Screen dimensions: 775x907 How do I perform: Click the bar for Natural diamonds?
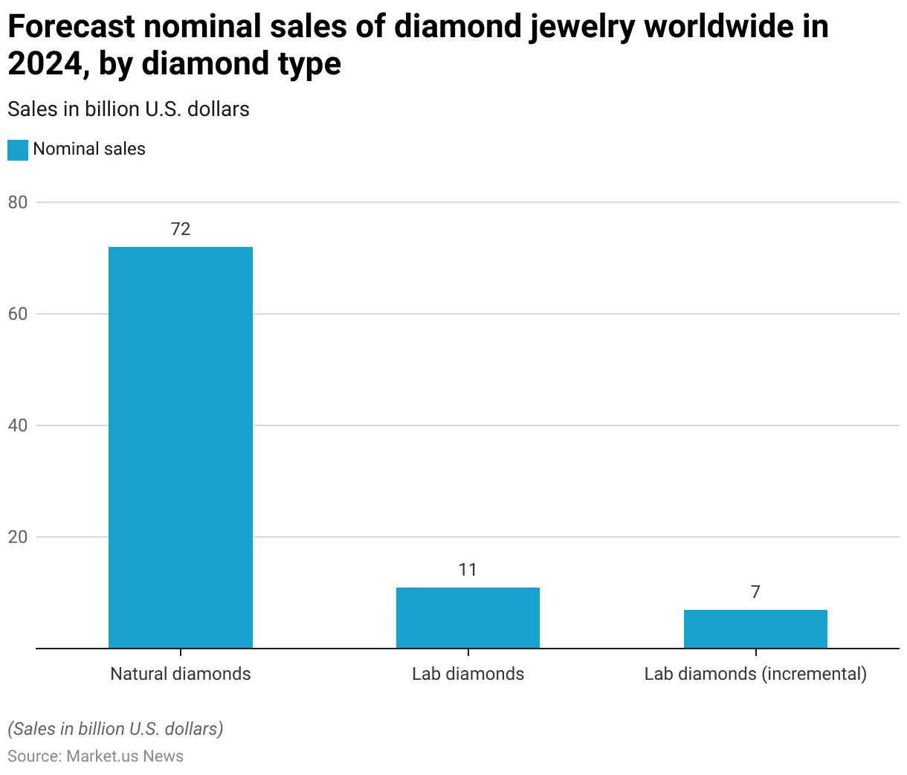click(x=181, y=447)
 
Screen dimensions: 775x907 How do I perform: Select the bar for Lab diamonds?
click(x=468, y=617)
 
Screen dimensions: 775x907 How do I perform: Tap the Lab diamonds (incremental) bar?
click(x=755, y=628)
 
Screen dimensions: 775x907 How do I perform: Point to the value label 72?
click(x=181, y=229)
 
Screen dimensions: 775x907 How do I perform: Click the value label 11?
click(x=468, y=570)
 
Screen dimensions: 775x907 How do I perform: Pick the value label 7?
click(x=755, y=592)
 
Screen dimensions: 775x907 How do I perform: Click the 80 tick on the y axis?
click(x=18, y=202)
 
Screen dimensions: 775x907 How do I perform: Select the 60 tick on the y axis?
click(x=18, y=314)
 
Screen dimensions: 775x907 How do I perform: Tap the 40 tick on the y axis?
click(x=18, y=425)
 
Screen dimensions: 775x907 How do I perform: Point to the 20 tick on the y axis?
click(x=18, y=537)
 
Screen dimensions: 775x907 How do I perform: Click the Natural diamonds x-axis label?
click(x=181, y=674)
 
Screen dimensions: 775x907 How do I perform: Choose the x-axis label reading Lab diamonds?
click(x=468, y=674)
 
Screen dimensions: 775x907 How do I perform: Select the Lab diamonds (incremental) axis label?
click(x=755, y=674)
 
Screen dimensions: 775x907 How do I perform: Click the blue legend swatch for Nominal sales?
click(x=18, y=149)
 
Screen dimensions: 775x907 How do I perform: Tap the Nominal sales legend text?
click(x=89, y=149)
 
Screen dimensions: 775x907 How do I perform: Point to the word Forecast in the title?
click(x=71, y=28)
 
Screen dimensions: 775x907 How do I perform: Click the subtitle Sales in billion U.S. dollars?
click(x=129, y=109)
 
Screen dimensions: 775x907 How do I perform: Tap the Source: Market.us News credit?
click(x=95, y=756)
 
